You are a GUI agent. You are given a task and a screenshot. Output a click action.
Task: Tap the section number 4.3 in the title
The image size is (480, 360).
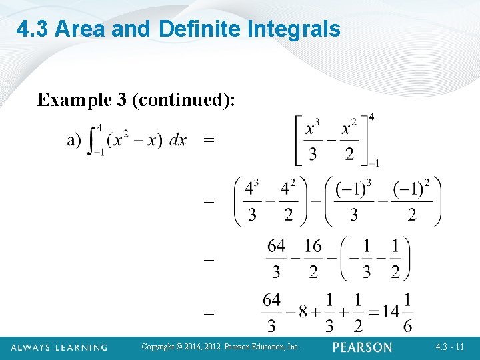tap(33, 29)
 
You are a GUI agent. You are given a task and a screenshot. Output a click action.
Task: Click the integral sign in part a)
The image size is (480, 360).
tap(93, 141)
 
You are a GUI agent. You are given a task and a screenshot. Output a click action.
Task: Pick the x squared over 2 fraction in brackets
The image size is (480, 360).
tap(350, 140)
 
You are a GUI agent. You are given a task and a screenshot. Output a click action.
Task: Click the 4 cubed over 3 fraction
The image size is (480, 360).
tap(252, 201)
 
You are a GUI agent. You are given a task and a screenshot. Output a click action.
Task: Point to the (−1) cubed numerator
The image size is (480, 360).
tap(354, 189)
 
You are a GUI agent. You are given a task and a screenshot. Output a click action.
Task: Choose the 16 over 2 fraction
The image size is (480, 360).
tap(313, 259)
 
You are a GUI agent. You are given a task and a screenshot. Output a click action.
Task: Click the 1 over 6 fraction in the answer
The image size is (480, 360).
tap(407, 311)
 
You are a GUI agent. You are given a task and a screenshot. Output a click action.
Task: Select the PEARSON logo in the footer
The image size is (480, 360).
tap(362, 347)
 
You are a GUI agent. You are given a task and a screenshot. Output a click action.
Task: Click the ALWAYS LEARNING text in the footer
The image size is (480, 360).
tap(59, 347)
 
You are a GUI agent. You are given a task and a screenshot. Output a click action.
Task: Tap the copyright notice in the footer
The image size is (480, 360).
tap(221, 347)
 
